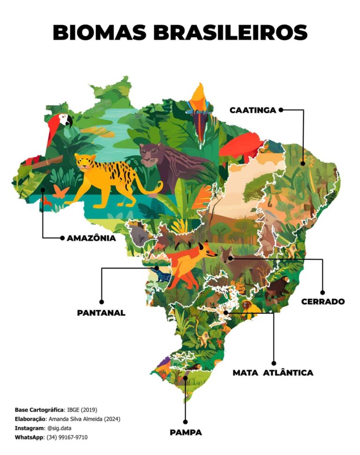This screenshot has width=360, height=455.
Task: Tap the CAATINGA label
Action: click(x=253, y=110)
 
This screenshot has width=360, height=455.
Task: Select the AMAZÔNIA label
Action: click(x=91, y=238)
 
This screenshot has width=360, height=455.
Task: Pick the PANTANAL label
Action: click(x=101, y=313)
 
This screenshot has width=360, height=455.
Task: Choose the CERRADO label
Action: click(x=323, y=302)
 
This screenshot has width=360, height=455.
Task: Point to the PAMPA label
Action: click(x=186, y=432)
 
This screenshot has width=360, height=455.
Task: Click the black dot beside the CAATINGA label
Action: click(x=281, y=110)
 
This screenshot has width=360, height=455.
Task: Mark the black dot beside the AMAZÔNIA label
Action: click(x=62, y=238)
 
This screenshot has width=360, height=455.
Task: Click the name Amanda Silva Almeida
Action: click(x=77, y=419)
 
